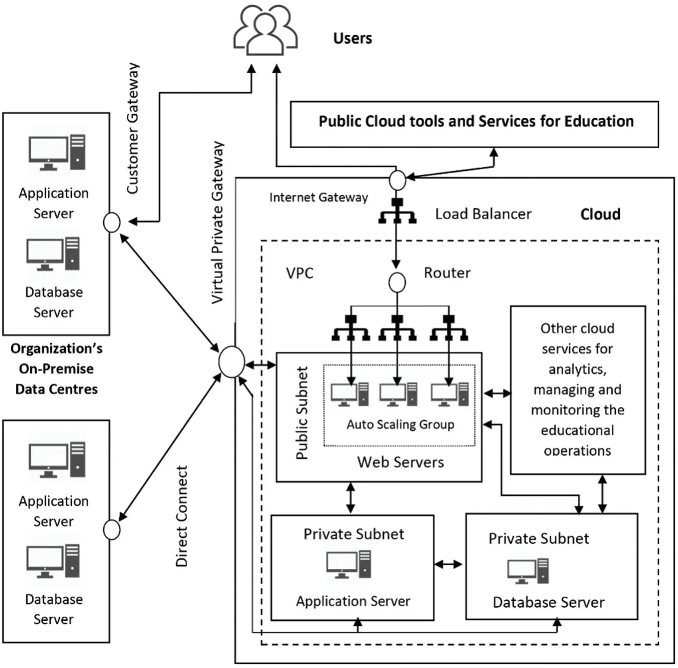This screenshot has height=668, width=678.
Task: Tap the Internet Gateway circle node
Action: click(397, 180)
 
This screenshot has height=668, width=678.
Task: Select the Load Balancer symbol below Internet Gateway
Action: click(397, 211)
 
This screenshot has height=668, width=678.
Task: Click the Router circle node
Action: click(397, 282)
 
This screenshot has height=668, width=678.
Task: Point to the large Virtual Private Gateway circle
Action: click(232, 362)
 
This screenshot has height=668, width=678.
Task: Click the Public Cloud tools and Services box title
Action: click(476, 121)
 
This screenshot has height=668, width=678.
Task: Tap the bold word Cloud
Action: click(600, 214)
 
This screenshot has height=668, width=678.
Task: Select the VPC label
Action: click(300, 273)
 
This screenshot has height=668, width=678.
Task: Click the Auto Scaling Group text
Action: click(400, 424)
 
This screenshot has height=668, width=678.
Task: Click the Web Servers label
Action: click(400, 462)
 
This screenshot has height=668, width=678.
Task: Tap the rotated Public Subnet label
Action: click(302, 413)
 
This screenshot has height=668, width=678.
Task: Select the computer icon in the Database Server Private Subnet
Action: click(528, 571)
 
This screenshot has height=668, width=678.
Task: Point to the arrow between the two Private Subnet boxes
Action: click(449, 564)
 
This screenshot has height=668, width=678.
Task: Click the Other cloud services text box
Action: click(577, 389)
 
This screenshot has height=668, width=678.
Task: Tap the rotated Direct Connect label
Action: click(182, 516)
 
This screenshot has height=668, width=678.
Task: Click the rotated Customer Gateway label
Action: click(133, 128)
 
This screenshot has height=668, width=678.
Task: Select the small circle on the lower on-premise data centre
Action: click(112, 530)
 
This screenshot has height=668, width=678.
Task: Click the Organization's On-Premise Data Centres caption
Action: click(56, 368)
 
